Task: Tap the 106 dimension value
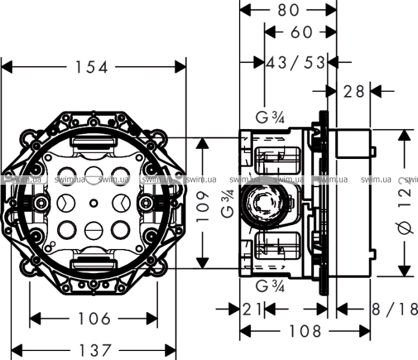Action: (x=94, y=318)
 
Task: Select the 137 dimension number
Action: (x=95, y=350)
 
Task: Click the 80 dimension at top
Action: (x=288, y=10)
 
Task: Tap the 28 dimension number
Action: (x=354, y=91)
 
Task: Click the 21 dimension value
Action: (x=253, y=309)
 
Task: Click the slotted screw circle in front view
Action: (x=93, y=229)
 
